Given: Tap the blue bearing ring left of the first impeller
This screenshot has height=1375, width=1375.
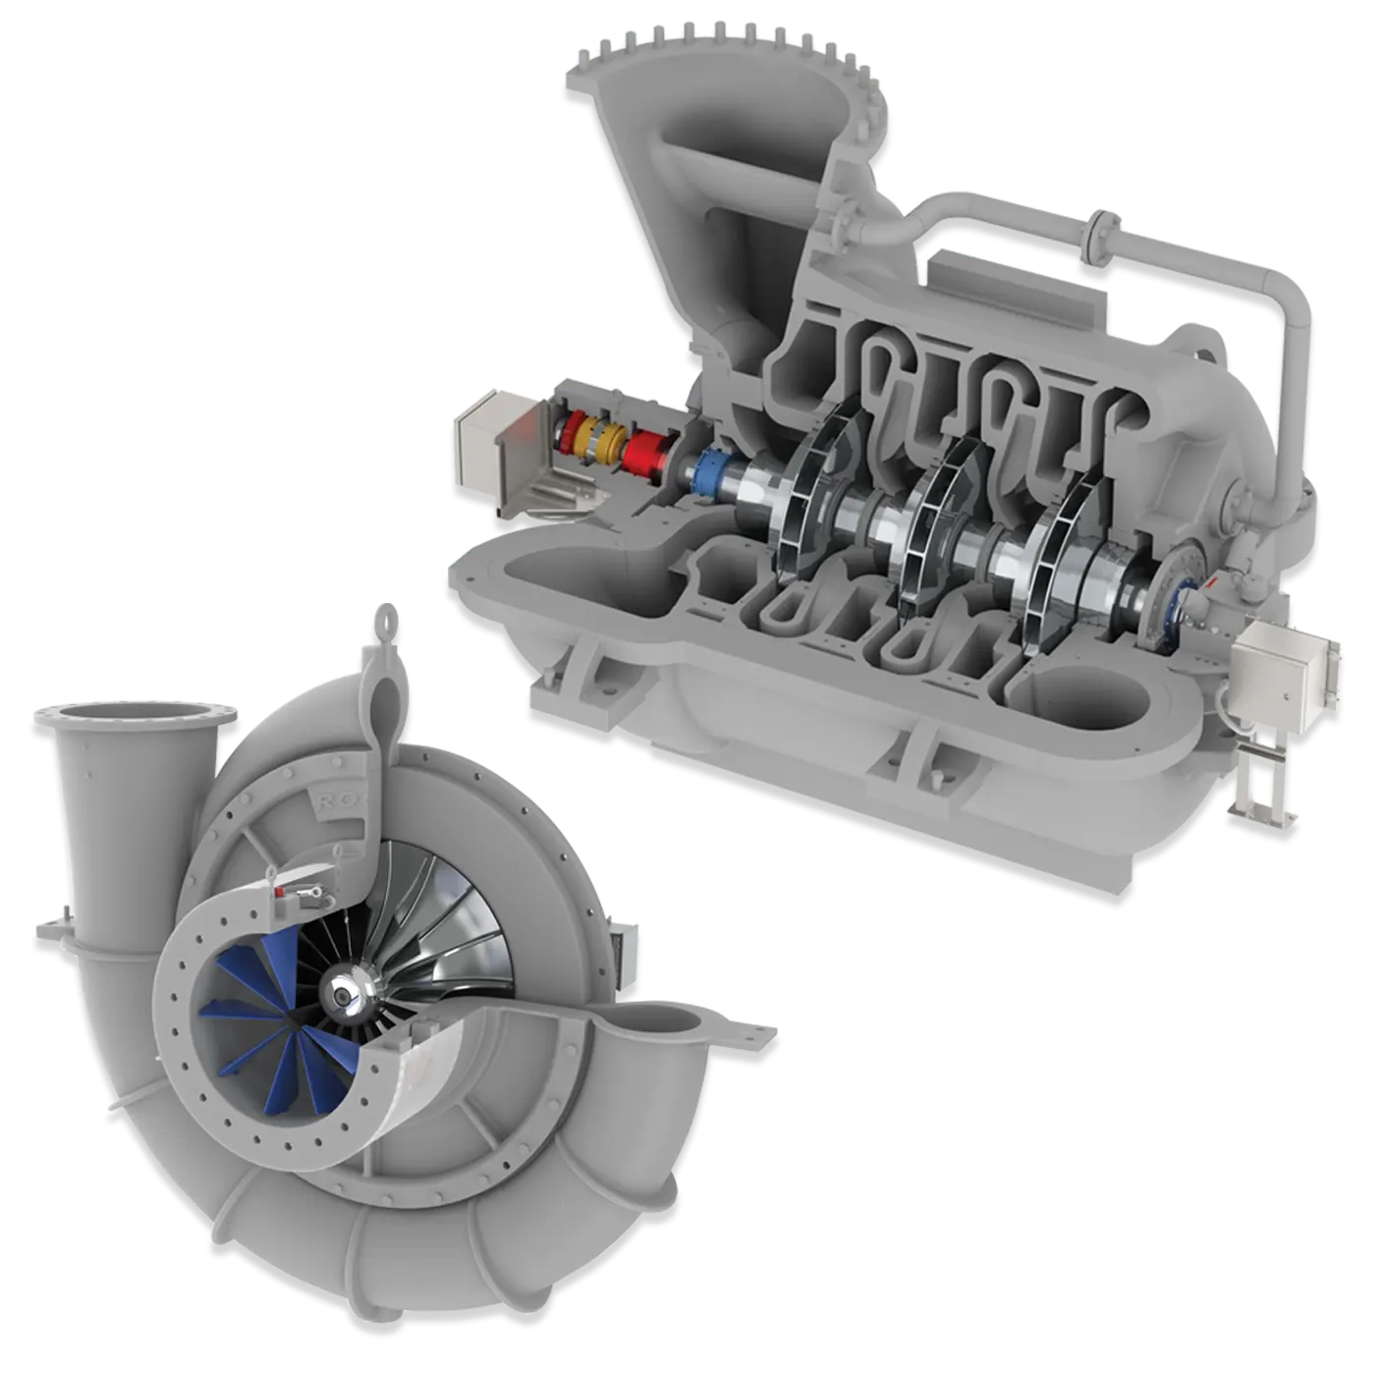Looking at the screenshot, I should (x=709, y=471).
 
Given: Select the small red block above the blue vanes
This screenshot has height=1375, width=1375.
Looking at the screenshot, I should (x=285, y=891).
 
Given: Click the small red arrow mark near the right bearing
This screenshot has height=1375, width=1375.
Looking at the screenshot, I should (x=1210, y=583).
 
